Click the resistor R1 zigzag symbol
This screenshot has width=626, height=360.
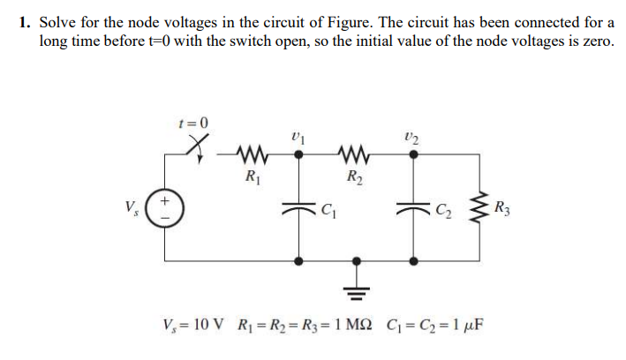tap(251, 153)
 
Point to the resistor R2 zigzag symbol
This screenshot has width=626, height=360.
tap(358, 153)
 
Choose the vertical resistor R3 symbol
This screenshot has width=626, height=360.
tap(478, 209)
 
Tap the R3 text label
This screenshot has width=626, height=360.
tap(502, 209)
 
